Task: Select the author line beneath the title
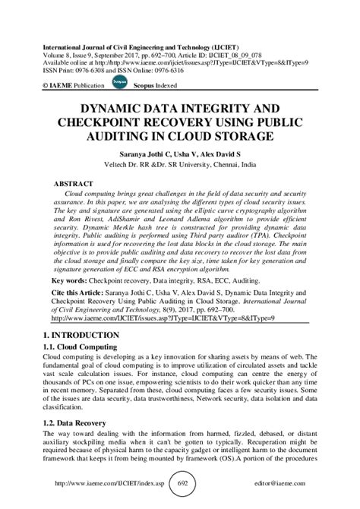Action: coord(180,153)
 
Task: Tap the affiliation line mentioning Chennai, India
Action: coord(180,163)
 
